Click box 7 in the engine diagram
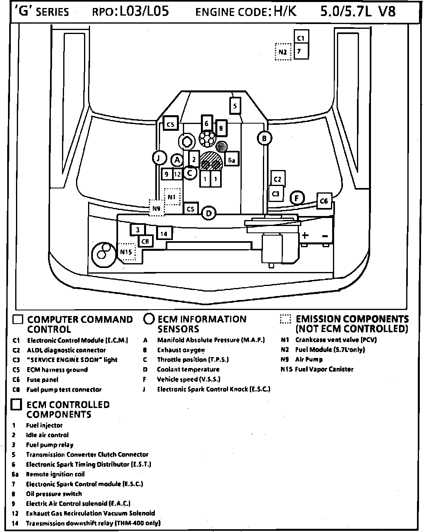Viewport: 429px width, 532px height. coord(301,52)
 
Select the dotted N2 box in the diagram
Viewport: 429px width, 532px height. coord(283,52)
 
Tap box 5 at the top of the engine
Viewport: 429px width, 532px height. coord(235,106)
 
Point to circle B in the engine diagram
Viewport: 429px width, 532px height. coord(264,139)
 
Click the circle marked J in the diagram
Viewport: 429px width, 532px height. coord(159,158)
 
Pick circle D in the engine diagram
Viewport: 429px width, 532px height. coord(208,214)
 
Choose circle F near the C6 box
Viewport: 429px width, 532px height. coord(297,198)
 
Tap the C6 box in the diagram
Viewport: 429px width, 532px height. coord(324,201)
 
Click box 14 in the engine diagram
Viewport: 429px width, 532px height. coord(164,234)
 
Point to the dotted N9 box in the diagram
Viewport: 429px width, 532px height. coord(156,208)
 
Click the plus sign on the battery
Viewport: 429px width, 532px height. coord(305,235)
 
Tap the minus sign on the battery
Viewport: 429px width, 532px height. coord(325,236)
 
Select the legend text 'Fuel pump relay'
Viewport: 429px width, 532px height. coord(50,445)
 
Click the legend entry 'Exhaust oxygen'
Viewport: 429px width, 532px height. coord(181,350)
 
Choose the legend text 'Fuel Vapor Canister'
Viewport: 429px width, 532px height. coord(324,369)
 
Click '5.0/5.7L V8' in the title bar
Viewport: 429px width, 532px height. coord(357,11)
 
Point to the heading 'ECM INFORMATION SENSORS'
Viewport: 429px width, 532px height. coord(202,324)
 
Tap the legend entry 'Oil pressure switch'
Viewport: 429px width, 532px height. coord(54,494)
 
